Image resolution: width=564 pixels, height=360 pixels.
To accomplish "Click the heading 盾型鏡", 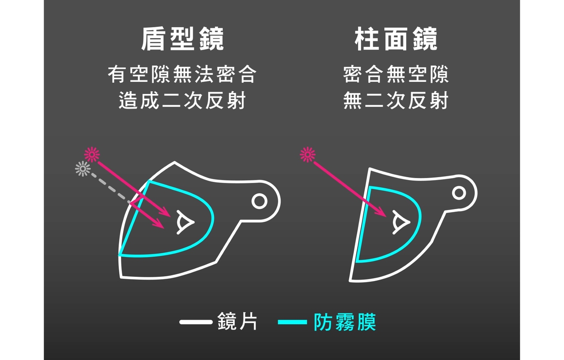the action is coord(182,39).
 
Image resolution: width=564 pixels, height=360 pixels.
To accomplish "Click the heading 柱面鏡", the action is coord(396,39).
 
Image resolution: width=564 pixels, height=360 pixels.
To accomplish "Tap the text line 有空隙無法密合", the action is coord(182,74).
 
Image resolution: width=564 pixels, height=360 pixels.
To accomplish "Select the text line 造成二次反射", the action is coord(182,100).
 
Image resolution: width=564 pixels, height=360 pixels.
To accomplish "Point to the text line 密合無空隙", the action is coord(396,74).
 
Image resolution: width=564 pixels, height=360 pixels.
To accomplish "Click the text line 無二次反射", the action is coord(396,100).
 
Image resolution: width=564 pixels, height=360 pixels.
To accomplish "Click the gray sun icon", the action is coord(83,169).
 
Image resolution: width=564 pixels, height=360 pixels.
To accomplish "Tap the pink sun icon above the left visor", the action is coord(92,154).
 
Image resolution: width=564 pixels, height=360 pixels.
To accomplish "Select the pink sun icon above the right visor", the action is coord(308,154).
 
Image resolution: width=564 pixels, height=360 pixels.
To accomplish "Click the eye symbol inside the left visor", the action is coord(185,222).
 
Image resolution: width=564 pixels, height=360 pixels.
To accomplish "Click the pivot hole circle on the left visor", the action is coord(259,201).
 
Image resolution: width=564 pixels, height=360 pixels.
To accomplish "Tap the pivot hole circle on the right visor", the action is coord(459,193).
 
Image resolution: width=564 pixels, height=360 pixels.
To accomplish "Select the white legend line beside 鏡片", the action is coord(196,322).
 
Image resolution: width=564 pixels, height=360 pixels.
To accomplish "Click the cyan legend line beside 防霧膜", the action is coord(292,322).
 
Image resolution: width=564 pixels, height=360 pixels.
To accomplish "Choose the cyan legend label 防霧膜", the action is coord(345,322).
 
